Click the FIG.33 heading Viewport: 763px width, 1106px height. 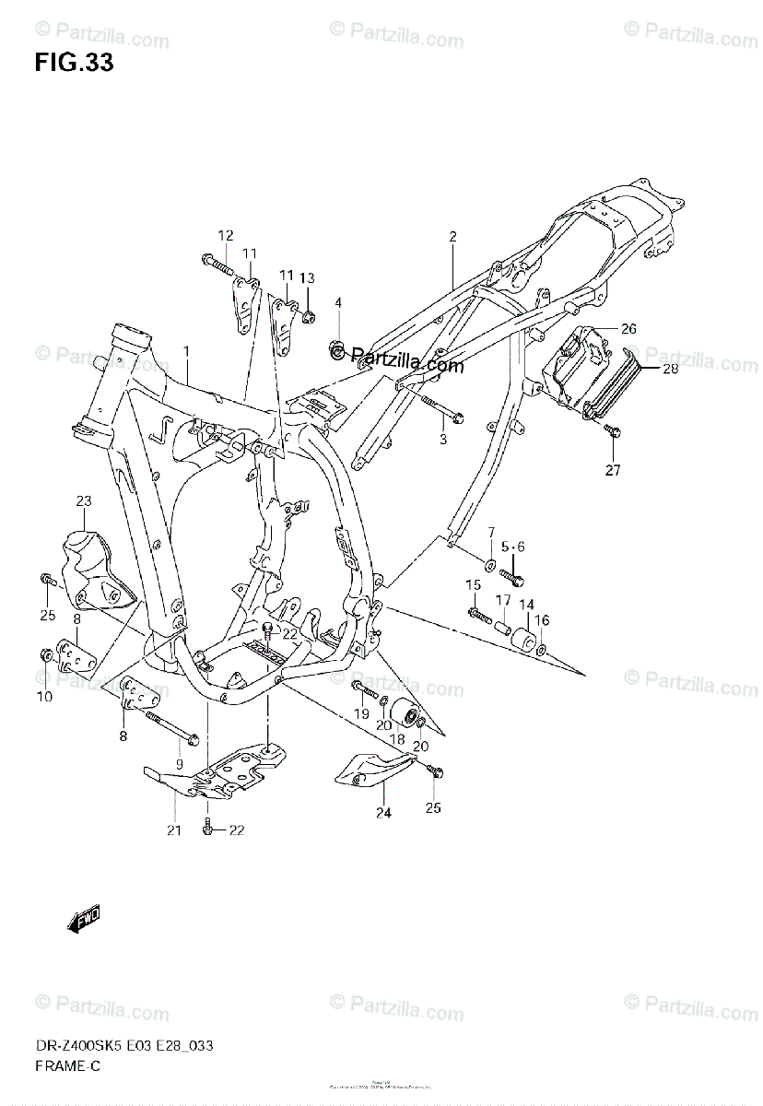point(75,63)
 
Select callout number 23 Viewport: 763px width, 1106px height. point(84,501)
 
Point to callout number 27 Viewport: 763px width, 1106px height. point(613,470)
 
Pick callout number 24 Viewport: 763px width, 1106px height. point(382,812)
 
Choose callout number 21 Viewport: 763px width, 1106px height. point(175,830)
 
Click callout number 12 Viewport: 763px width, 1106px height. point(226,235)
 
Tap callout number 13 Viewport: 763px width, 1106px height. point(307,278)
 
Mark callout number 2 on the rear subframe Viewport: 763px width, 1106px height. point(452,237)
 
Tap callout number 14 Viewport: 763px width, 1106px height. point(526,605)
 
